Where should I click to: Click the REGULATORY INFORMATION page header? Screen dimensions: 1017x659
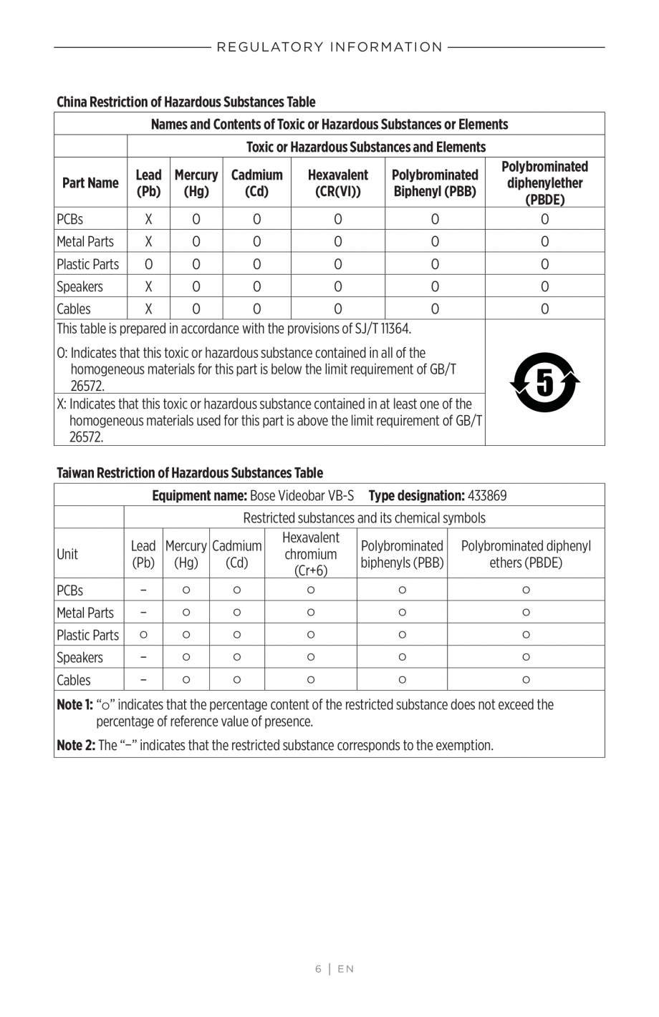[329, 47]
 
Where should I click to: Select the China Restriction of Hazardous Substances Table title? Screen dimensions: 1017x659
[186, 102]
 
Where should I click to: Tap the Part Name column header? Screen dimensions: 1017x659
[90, 183]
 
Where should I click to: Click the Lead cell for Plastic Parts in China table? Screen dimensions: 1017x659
[148, 264]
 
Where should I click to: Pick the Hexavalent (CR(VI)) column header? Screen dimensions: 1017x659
[337, 183]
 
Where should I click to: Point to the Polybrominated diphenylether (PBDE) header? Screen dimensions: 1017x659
[544, 183]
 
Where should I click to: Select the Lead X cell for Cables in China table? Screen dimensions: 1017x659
[148, 309]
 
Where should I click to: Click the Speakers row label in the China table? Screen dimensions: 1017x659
[80, 286]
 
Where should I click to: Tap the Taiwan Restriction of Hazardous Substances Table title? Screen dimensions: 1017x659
[190, 472]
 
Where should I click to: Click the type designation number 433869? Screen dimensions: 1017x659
[487, 495]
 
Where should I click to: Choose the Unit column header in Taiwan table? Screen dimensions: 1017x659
[67, 554]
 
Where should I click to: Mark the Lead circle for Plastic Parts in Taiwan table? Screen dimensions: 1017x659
[143, 635]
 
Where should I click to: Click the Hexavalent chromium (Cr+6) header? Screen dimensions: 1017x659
[310, 554]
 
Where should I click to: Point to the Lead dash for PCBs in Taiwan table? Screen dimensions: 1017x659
[143, 590]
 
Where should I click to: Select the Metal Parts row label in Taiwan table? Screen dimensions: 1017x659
[85, 613]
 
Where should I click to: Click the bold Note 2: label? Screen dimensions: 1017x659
[76, 745]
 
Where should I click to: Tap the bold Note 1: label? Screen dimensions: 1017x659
[74, 705]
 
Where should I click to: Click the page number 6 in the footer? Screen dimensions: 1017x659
[318, 969]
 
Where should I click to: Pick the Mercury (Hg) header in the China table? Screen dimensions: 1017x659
[196, 183]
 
